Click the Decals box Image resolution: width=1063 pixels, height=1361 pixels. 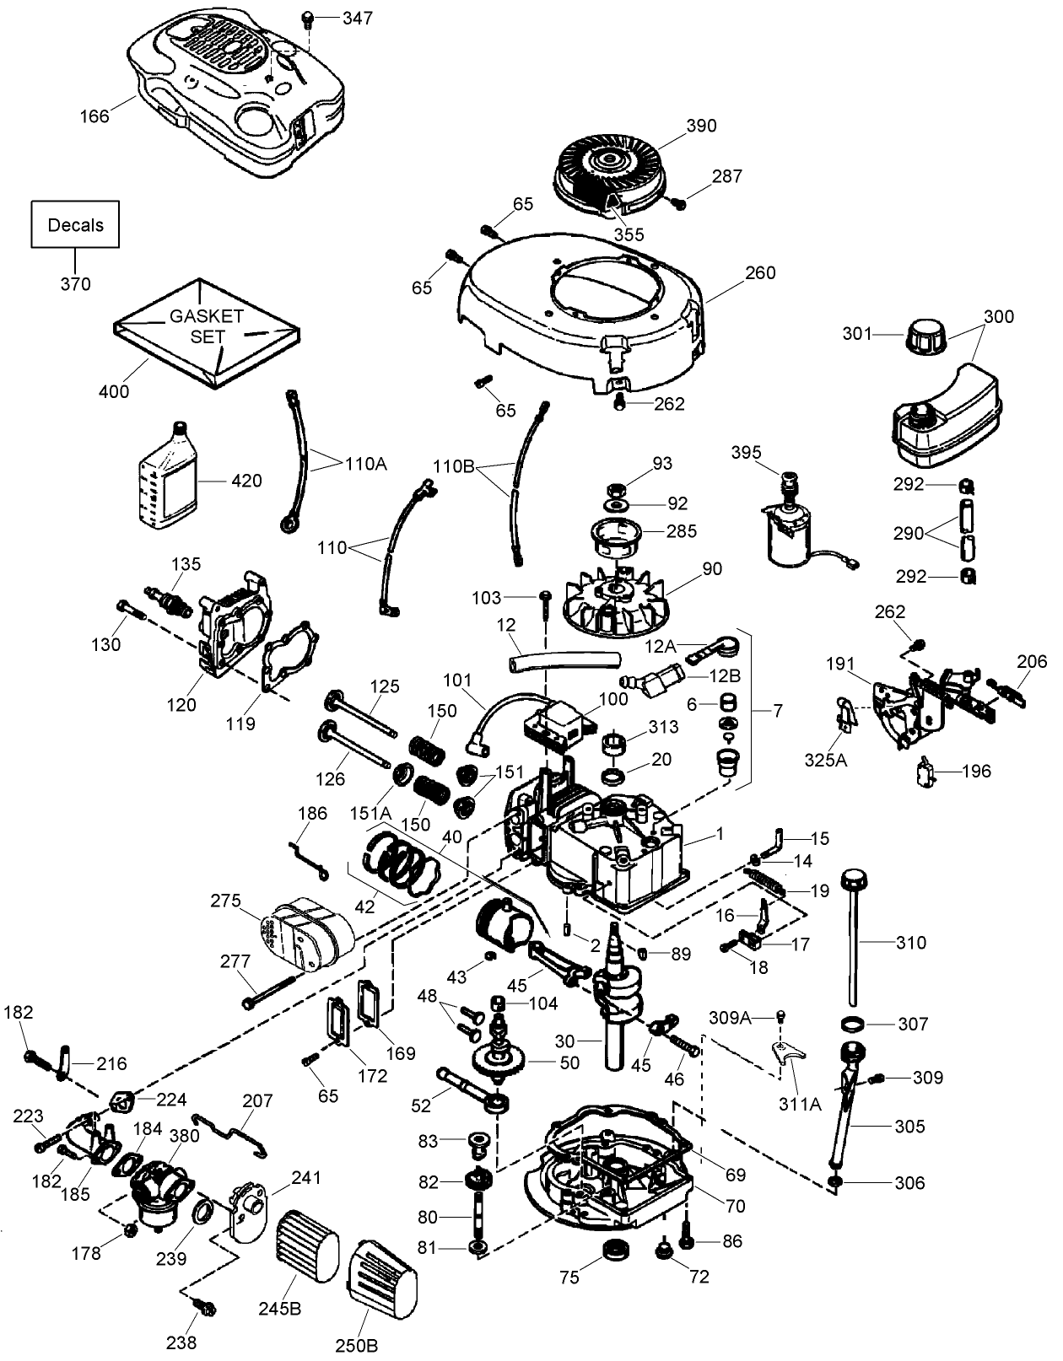coord(75,225)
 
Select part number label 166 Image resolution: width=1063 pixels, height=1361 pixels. coord(94,116)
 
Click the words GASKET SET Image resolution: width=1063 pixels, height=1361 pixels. coord(207,326)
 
